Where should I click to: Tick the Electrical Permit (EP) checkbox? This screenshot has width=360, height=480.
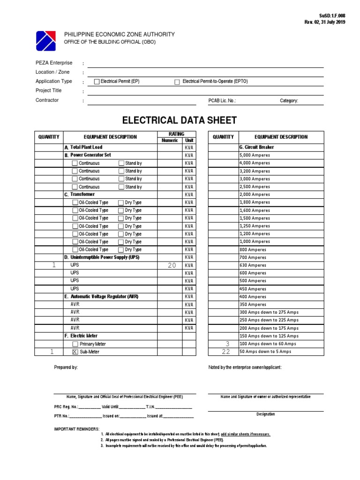click(x=97, y=82)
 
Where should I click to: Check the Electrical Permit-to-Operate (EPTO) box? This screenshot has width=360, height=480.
click(x=177, y=82)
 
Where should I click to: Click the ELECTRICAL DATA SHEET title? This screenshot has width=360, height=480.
click(x=180, y=120)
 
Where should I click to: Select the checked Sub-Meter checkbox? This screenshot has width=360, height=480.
click(x=75, y=352)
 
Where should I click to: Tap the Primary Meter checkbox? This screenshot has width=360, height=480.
click(x=75, y=344)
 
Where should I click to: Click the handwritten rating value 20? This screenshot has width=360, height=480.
click(x=172, y=265)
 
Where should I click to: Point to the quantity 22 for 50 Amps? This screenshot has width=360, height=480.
click(x=226, y=352)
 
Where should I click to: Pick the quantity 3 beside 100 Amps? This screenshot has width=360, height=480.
click(x=227, y=344)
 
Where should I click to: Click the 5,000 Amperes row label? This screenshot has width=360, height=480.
click(x=255, y=155)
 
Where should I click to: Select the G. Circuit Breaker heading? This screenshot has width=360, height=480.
click(x=256, y=147)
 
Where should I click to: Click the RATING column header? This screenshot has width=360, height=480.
click(x=176, y=134)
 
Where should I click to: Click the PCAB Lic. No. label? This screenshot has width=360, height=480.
click(x=222, y=100)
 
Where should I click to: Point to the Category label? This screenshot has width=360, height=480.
click(x=289, y=100)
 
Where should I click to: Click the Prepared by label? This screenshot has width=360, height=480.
click(x=66, y=367)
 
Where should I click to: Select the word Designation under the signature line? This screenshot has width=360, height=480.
click(x=265, y=414)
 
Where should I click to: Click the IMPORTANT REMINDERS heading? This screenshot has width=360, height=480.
click(x=77, y=429)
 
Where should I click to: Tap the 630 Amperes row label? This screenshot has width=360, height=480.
click(x=253, y=265)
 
